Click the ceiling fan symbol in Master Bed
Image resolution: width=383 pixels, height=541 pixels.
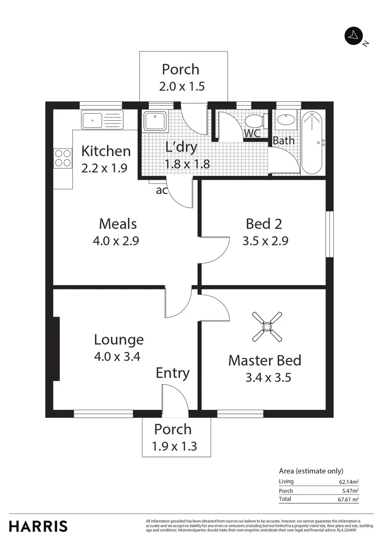tap(267, 327)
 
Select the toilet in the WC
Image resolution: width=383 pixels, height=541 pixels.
tap(256, 121)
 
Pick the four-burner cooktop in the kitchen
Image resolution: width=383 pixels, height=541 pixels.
tap(63, 158)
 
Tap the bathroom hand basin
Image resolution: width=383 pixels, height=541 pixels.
tap(286, 120)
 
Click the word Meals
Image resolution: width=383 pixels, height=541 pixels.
tap(118, 224)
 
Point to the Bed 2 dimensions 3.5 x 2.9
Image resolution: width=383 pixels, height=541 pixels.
tap(265, 240)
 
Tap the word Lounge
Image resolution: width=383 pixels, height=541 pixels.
tap(119, 340)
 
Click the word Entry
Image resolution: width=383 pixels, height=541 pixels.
tap(172, 373)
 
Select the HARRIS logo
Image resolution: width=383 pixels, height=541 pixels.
tap(38, 526)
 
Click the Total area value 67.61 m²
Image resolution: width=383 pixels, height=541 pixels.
tap(349, 499)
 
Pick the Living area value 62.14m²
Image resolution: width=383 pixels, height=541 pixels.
tap(349, 482)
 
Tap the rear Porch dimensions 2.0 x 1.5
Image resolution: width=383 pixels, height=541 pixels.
tap(181, 86)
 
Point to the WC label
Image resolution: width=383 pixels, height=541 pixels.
tap(251, 134)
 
